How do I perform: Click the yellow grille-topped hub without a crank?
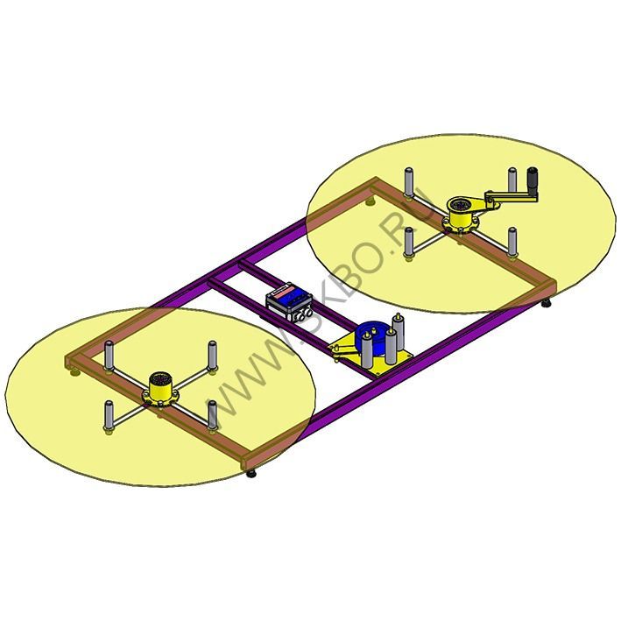coord(159,389)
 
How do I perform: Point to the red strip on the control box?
coord(282,292)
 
